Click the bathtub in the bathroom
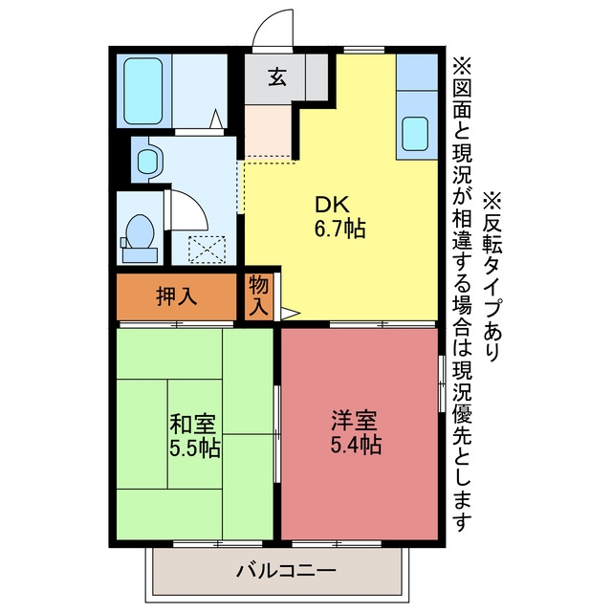[143, 91]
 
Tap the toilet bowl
[141, 232]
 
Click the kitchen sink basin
[415, 134]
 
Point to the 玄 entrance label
[277, 76]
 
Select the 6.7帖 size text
[340, 229]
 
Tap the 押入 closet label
[176, 296]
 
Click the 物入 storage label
[259, 295]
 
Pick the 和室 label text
[192, 425]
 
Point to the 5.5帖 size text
[195, 448]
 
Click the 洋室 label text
[354, 421]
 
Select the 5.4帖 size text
[356, 445]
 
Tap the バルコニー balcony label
[286, 571]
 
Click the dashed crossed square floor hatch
[207, 250]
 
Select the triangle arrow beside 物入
[290, 313]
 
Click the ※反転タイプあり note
[492, 275]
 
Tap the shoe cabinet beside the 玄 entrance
[317, 76]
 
